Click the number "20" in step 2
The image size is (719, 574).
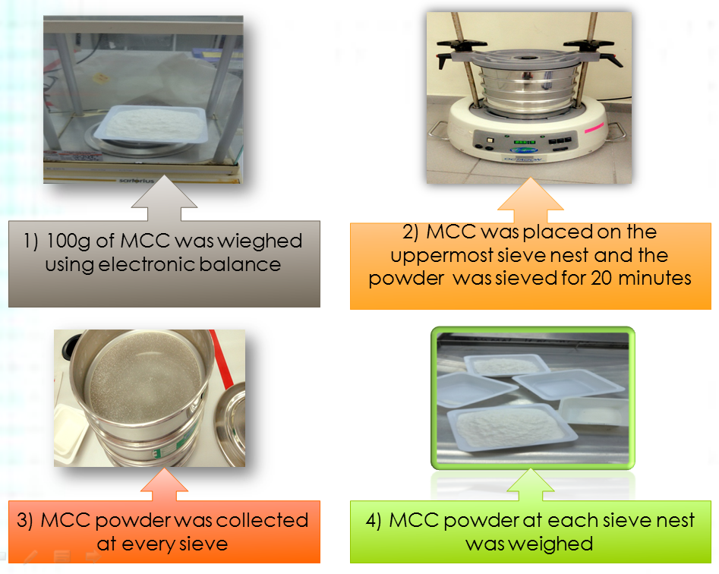point(598,278)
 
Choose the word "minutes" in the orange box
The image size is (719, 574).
point(656,278)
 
